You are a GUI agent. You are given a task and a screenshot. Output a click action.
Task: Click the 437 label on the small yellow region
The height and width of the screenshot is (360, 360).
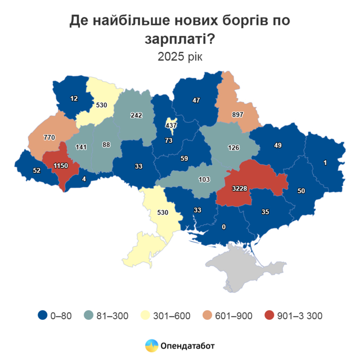tap(171, 125)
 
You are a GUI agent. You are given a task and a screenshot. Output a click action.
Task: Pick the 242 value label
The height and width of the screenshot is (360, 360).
tap(136, 116)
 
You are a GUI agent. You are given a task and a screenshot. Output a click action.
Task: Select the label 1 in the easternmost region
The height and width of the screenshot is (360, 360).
tap(325, 163)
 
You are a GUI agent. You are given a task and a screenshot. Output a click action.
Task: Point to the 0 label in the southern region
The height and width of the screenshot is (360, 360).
tap(224, 226)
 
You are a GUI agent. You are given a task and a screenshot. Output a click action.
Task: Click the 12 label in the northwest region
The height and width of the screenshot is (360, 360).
tap(75, 98)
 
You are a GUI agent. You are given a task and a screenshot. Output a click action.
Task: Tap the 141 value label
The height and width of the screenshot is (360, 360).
tap(81, 147)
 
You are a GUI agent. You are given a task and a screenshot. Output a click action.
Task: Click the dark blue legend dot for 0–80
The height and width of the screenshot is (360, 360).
tap(42, 316)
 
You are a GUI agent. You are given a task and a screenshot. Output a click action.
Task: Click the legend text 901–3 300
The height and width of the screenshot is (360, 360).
tap(299, 316)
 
